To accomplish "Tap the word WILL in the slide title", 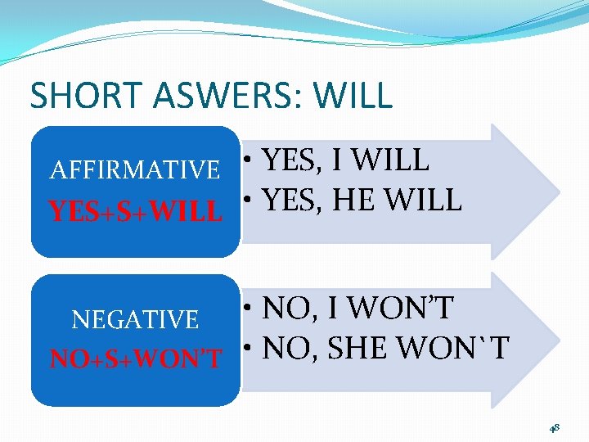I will (353, 96).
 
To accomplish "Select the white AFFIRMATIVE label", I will (135, 170).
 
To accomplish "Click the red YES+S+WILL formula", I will (136, 212).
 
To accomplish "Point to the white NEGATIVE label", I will (135, 319).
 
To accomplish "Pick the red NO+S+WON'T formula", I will (136, 359).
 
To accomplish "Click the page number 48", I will (554, 427).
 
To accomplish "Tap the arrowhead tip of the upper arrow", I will (559, 192).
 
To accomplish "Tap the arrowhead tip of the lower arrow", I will (559, 340).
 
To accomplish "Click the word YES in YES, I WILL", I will (292, 160).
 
